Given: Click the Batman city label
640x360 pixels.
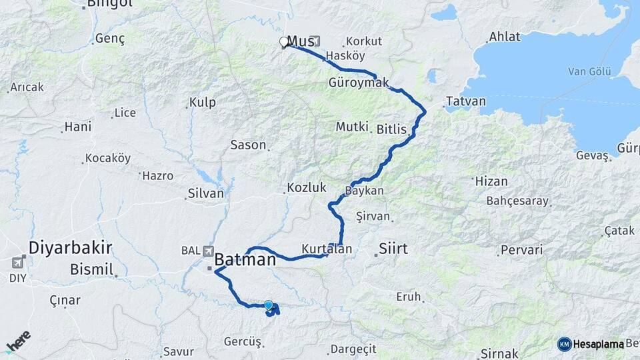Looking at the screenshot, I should pyautogui.click(x=245, y=260).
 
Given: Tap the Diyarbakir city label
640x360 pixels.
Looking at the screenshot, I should pyautogui.click(x=69, y=248).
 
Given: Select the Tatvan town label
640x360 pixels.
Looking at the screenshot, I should pyautogui.click(x=465, y=102).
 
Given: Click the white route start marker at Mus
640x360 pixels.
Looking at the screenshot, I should pyautogui.click(x=284, y=42).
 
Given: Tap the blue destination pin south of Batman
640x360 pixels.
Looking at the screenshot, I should pyautogui.click(x=269, y=306).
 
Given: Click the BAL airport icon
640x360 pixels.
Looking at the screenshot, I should pyautogui.click(x=208, y=251).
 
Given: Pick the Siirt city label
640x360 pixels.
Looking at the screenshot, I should pyautogui.click(x=393, y=249).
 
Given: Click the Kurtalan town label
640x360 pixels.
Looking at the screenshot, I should pyautogui.click(x=326, y=249).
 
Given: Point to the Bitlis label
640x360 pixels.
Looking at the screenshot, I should pyautogui.click(x=391, y=129).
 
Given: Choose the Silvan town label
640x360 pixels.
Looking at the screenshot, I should pyautogui.click(x=205, y=193).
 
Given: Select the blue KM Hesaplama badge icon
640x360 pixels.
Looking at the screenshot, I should pyautogui.click(x=564, y=344).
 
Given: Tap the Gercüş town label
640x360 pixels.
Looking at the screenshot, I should pyautogui.click(x=243, y=341).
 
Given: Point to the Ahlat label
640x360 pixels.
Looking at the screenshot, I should pyautogui.click(x=505, y=37).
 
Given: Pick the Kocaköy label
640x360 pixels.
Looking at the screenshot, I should pyautogui.click(x=107, y=159).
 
